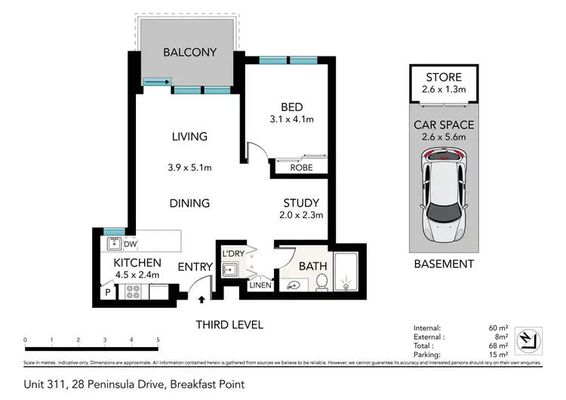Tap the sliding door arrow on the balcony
click(x=157, y=83)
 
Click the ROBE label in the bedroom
click(x=301, y=168)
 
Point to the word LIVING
click(x=189, y=137)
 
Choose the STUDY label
click(x=301, y=203)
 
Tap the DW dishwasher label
click(x=130, y=244)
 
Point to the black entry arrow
click(x=201, y=300)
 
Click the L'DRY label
click(x=231, y=253)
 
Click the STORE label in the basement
click(x=443, y=78)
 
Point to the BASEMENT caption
click(x=443, y=264)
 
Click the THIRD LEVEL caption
click(x=229, y=325)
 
